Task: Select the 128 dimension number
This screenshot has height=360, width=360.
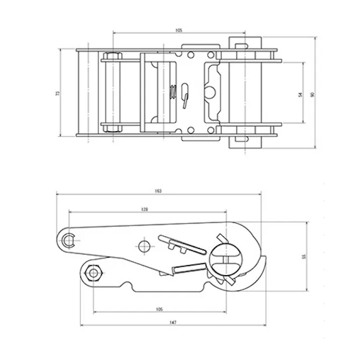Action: coord(145,209)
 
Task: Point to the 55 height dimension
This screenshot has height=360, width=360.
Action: coord(303,256)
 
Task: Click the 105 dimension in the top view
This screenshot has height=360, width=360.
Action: coord(178,30)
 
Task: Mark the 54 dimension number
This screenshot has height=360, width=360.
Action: coord(300,94)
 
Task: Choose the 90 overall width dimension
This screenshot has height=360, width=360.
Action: coord(313,94)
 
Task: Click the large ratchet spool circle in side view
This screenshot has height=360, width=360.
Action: coord(226,259)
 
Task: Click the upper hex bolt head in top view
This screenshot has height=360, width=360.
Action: coord(112,56)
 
